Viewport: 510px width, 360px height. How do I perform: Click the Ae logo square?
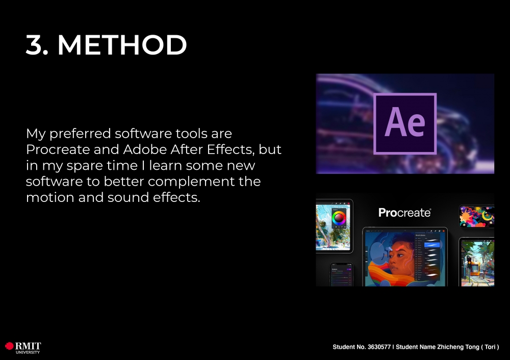tap(405, 123)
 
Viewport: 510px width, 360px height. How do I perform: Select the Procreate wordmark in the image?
tap(404, 213)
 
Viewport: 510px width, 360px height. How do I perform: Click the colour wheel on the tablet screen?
tap(339, 218)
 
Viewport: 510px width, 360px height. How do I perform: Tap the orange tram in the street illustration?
tap(475, 268)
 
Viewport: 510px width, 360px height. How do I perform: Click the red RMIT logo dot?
tap(9, 346)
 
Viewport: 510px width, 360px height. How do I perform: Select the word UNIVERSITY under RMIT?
tap(28, 352)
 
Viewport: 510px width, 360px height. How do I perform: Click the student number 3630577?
tap(379, 347)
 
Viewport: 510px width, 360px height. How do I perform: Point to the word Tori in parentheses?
tap(490, 347)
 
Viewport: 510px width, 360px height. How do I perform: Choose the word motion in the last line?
tap(50, 197)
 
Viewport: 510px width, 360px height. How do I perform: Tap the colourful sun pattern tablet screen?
tap(477, 216)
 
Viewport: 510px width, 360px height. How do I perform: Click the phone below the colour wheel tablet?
tap(342, 275)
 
